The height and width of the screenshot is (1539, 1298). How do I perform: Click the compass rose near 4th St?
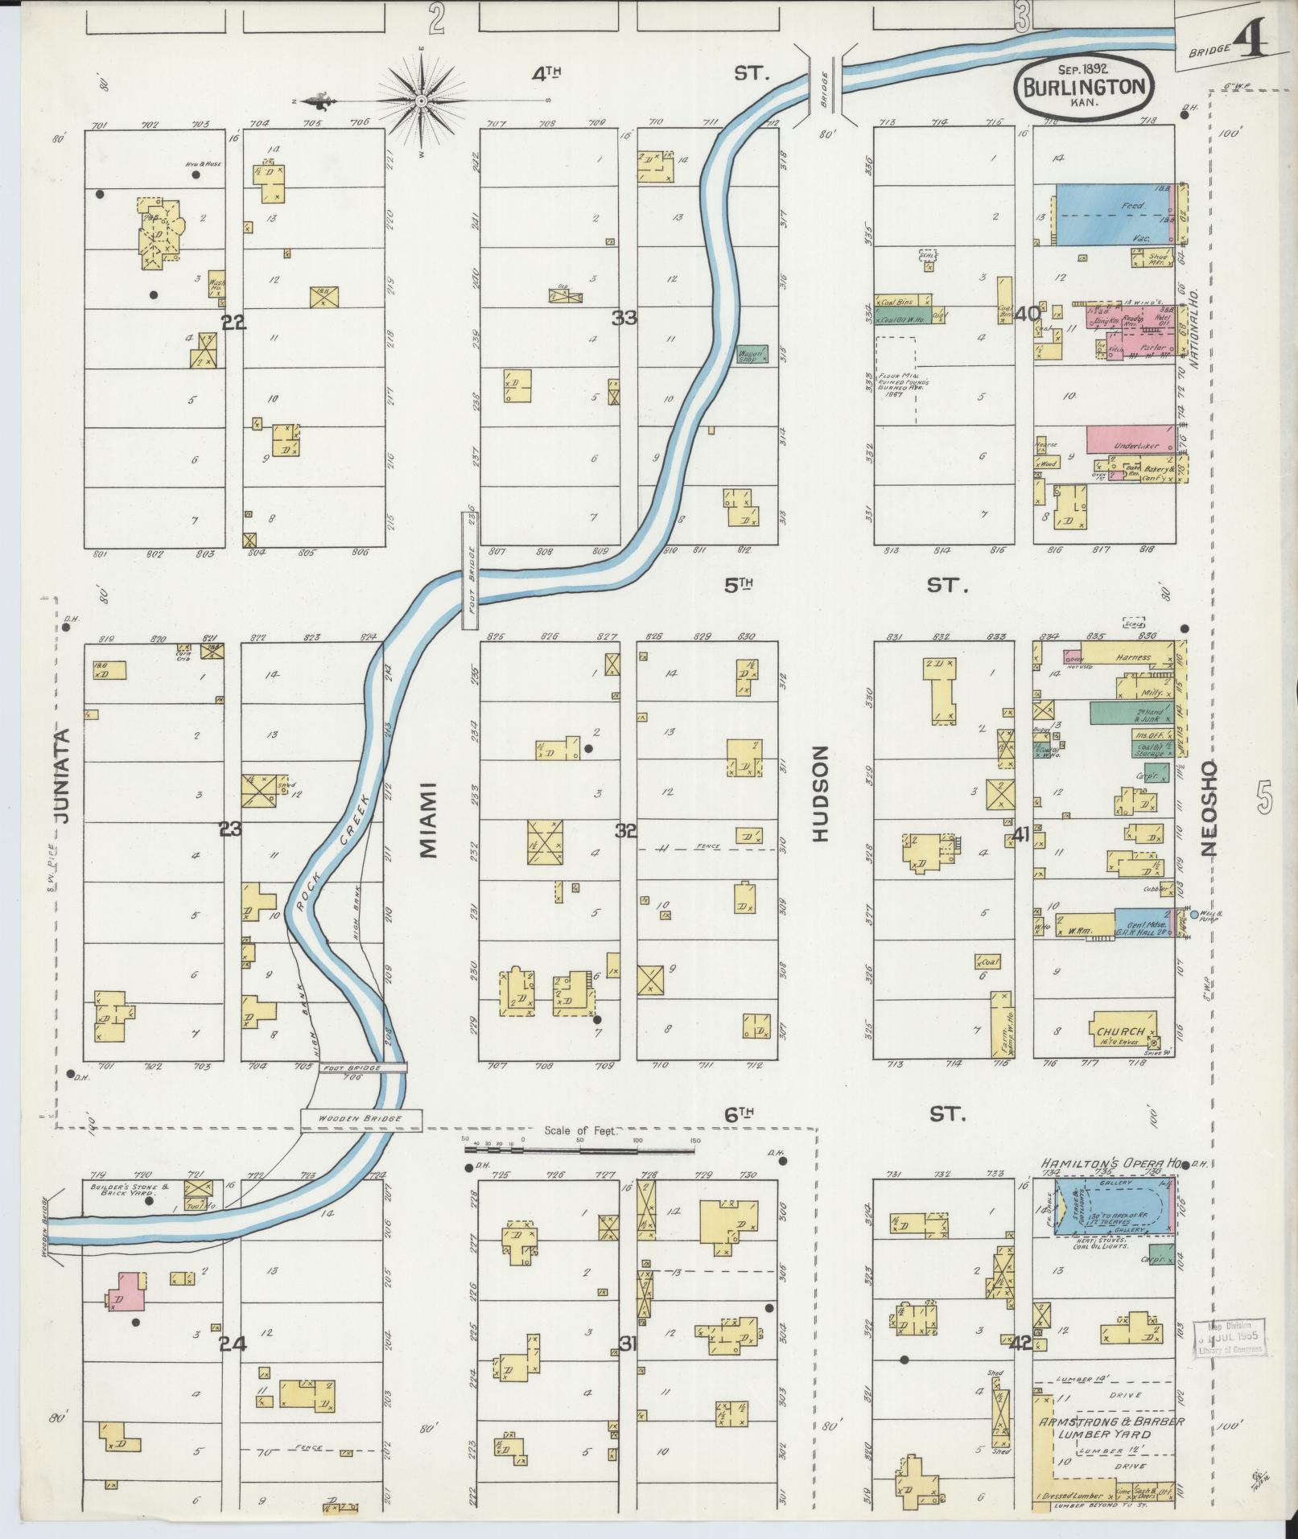[x=422, y=101]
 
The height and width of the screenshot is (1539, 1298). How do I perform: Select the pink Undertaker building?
[x=1128, y=440]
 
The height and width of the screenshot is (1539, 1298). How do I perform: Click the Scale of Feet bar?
[x=579, y=1151]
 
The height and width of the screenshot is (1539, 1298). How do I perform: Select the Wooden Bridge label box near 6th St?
[x=361, y=1119]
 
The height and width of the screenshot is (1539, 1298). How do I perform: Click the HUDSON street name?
[x=819, y=794]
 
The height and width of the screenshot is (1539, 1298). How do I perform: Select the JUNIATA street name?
[x=62, y=775]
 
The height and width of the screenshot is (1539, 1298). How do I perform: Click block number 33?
[x=624, y=318]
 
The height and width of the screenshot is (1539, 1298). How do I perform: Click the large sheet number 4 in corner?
[x=1251, y=40]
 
